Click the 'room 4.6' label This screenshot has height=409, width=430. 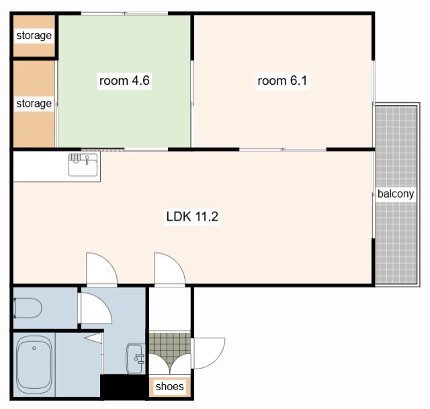(x=124, y=81)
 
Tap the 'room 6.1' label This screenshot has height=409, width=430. (x=282, y=81)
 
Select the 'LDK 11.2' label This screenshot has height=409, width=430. (x=192, y=217)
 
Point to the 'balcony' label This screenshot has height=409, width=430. (x=396, y=194)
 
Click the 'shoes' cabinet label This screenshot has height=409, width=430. (x=170, y=387)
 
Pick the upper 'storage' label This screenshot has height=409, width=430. (x=34, y=36)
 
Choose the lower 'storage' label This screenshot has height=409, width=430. (x=34, y=104)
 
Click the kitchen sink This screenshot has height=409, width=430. (x=83, y=165)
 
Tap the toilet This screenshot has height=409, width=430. (x=28, y=308)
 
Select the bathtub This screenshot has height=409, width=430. (x=34, y=363)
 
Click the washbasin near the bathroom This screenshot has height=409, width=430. (x=135, y=359)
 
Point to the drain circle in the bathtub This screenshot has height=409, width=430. (x=34, y=348)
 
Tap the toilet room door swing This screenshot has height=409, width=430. (x=96, y=308)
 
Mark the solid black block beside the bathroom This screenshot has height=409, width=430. (x=124, y=387)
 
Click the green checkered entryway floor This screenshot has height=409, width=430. (x=170, y=347)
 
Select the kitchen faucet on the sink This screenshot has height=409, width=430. (x=87, y=159)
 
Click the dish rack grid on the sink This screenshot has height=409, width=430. (x=75, y=158)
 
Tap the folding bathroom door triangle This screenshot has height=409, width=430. (x=93, y=338)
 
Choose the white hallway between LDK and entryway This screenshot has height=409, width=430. (x=170, y=309)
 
